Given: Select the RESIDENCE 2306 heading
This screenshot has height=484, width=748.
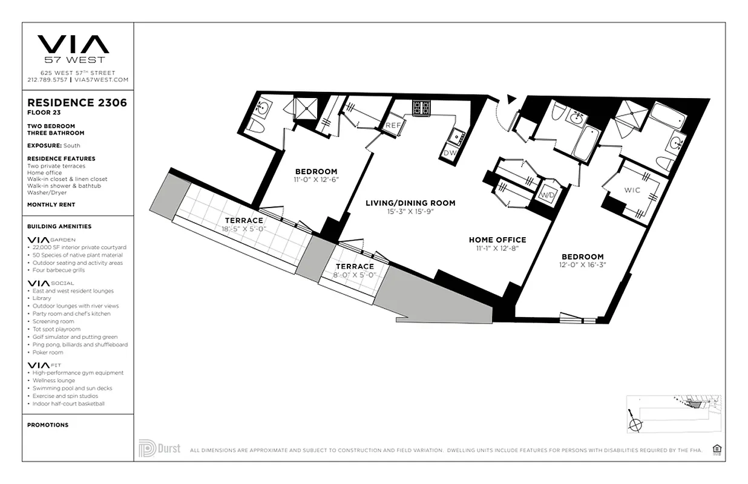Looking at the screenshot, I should (77, 103).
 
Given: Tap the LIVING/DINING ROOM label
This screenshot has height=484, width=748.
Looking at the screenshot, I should (410, 203).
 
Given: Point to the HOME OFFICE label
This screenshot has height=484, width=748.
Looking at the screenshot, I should (497, 240).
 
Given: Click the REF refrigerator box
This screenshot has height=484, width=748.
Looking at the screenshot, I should (393, 125).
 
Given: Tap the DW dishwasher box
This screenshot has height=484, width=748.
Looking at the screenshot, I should (450, 153).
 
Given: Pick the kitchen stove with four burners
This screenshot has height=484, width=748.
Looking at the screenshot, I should (421, 108).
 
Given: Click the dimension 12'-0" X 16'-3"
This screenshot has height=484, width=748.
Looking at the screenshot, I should (582, 264).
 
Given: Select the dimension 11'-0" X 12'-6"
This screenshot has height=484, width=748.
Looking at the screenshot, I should (316, 180).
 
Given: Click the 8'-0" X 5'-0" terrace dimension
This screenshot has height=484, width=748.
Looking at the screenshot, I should (355, 275).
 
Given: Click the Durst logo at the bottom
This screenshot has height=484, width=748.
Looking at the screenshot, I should (160, 449).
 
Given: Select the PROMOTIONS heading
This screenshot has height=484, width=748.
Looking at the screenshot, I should (48, 425).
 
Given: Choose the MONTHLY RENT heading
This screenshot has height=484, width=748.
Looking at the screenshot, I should (52, 204).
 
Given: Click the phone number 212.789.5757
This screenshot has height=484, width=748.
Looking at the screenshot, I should (47, 80).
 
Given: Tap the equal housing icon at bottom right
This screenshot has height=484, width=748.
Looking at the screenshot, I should (718, 449).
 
